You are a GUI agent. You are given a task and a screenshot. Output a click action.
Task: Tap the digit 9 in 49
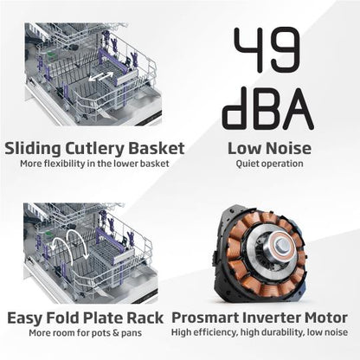coord(284,49)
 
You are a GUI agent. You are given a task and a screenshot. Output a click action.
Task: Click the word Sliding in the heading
coord(33,149)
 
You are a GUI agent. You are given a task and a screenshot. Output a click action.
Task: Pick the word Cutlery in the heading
coord(94,149)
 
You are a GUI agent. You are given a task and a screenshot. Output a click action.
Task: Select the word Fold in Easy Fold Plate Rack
coord(63,318)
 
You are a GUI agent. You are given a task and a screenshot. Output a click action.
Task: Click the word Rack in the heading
coord(145,318)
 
